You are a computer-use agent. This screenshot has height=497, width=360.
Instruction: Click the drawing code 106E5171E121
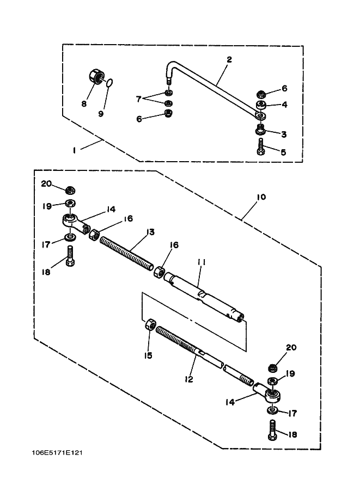(x=57, y=452)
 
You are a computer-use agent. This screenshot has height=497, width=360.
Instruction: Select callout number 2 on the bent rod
(x=229, y=59)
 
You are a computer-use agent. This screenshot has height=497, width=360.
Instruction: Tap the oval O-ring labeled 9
(x=109, y=83)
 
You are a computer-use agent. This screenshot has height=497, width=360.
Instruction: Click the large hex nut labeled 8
(x=95, y=77)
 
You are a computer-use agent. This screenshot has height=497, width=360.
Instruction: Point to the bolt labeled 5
(x=261, y=147)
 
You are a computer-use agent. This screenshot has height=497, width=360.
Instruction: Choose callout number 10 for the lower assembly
(x=261, y=197)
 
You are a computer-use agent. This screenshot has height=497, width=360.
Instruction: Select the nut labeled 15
(x=150, y=325)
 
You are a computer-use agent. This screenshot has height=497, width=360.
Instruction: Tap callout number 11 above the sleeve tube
(x=202, y=262)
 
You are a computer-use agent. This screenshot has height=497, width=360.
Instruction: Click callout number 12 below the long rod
(x=189, y=379)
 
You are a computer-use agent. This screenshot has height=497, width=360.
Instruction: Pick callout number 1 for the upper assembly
(x=74, y=151)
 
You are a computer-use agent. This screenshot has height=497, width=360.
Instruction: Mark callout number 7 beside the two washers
(x=138, y=99)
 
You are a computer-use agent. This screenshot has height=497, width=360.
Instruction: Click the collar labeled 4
(x=261, y=105)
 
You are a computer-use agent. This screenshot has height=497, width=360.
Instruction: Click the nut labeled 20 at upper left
(x=70, y=190)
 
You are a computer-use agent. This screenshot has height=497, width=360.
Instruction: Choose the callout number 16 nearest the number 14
(x=129, y=218)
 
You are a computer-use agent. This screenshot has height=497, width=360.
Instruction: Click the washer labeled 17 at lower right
(x=272, y=410)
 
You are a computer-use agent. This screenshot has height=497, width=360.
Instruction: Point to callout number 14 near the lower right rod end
(x=230, y=402)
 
